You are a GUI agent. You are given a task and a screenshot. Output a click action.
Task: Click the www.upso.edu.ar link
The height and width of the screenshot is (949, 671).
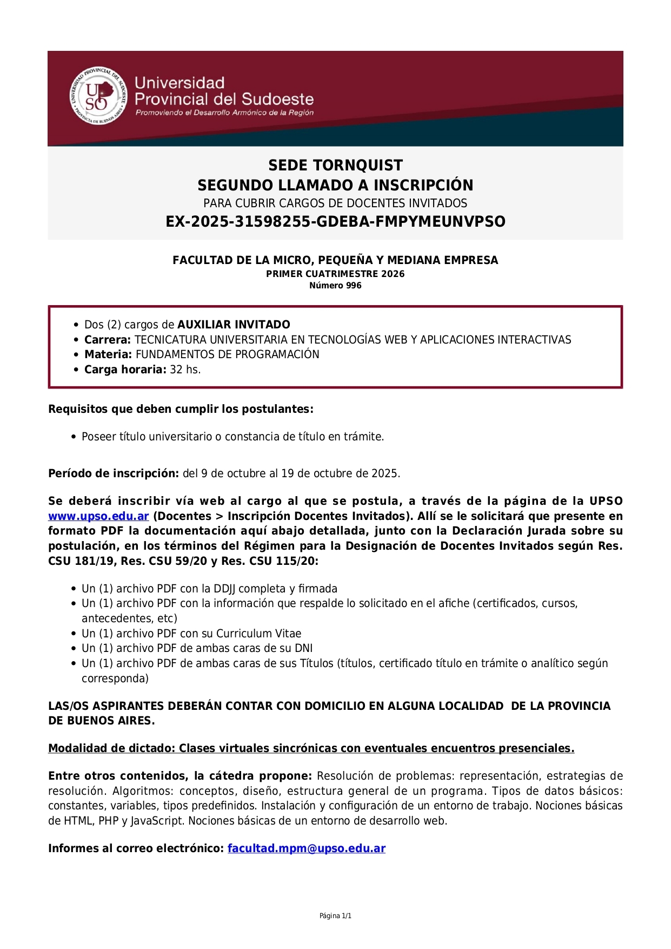pos(98,516)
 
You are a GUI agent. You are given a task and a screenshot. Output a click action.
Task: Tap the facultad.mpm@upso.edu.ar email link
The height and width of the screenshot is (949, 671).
pos(306,848)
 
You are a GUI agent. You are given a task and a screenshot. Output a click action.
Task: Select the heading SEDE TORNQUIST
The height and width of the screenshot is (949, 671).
pos(335,166)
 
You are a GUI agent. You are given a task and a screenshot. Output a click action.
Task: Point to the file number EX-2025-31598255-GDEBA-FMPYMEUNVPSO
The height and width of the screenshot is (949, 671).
pos(335,222)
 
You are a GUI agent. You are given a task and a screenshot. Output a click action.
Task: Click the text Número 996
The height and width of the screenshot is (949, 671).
pos(335,286)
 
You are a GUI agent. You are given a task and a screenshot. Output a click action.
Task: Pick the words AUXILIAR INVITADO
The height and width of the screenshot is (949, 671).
pos(234,325)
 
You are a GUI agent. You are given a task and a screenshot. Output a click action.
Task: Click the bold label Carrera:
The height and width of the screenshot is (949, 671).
pos(108,340)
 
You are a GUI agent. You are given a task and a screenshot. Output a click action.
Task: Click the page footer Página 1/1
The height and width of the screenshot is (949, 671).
pos(335,916)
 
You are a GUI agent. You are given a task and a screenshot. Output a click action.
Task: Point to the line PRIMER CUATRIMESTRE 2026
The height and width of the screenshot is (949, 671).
pos(335,274)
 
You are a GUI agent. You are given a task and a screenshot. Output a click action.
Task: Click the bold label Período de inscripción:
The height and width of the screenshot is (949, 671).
pos(114,473)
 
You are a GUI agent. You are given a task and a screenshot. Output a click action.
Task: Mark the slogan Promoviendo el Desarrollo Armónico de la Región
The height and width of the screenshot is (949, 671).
pos(224,113)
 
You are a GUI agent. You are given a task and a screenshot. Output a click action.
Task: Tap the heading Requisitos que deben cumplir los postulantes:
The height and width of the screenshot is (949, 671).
pos(181,409)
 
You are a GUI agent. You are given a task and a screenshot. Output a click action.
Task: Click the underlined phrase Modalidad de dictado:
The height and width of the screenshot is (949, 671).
pos(112,748)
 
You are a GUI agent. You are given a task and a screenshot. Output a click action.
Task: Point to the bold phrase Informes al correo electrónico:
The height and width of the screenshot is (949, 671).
pos(136,848)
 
